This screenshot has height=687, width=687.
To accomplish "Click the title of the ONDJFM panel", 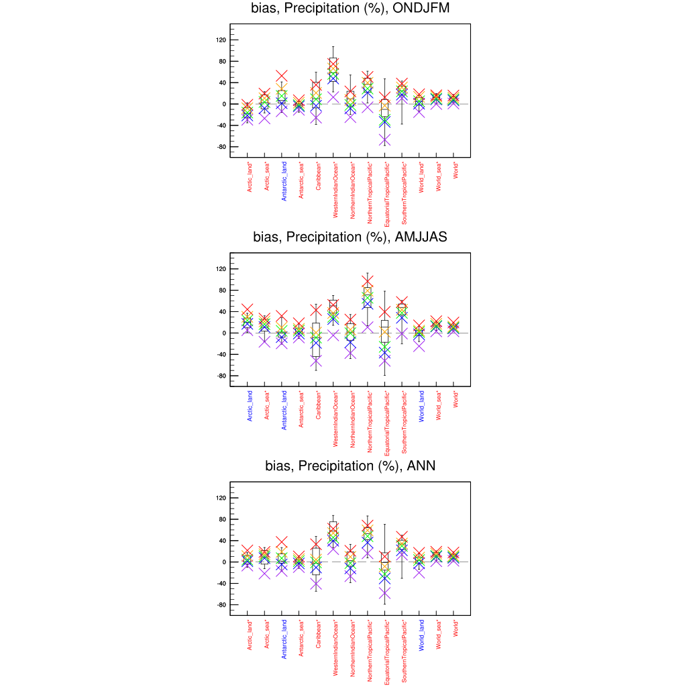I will (x=350, y=9).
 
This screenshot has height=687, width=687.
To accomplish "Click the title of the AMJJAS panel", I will (x=350, y=237).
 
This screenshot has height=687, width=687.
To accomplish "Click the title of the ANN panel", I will (x=350, y=466).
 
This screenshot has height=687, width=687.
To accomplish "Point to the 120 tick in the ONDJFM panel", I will (x=221, y=40).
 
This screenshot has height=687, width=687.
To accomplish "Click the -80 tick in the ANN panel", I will (x=220, y=605).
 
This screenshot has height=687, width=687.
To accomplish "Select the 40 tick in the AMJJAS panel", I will (x=221, y=312).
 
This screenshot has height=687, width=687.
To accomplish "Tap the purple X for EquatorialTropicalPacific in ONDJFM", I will (x=384, y=140).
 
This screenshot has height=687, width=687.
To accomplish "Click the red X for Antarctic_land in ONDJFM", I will (x=282, y=76).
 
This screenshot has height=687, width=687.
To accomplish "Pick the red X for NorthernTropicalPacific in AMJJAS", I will (x=367, y=282).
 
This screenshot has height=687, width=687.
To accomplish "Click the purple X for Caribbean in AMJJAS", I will (x=316, y=361).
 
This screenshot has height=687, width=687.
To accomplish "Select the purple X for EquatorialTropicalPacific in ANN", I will (x=384, y=594).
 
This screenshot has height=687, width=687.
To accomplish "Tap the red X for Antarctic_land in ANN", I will (x=282, y=542).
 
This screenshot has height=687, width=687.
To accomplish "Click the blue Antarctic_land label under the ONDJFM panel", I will (x=284, y=180).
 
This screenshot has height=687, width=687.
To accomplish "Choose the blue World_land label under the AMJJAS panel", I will (x=421, y=406).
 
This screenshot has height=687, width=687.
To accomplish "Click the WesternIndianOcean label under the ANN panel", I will (x=335, y=648).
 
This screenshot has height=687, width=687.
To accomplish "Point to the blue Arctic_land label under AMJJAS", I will (x=250, y=405).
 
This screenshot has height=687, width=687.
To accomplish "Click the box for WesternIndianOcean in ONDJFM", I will (x=333, y=70).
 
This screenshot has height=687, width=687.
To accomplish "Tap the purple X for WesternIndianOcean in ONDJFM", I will (x=333, y=97).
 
